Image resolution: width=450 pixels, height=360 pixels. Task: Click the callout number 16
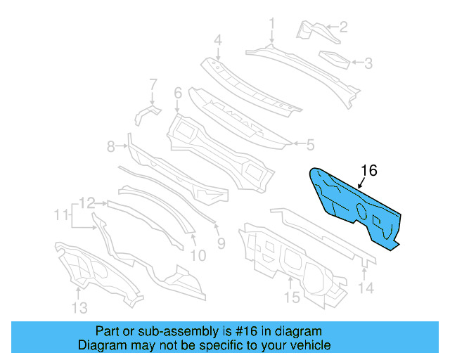click(369, 171)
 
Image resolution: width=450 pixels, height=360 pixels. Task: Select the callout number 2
click(344, 28)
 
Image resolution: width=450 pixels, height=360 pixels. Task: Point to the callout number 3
click(368, 64)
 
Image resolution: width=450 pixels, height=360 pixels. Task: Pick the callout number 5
click(309, 146)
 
